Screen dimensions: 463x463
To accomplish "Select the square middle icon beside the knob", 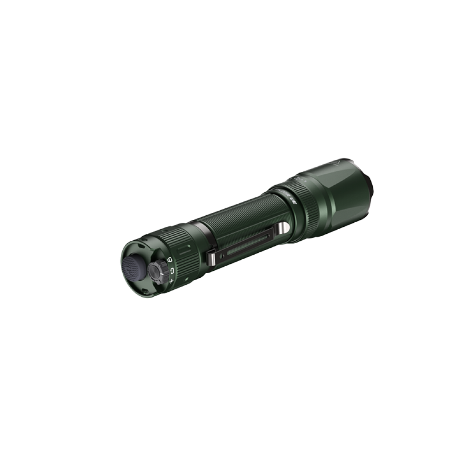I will point(172,270).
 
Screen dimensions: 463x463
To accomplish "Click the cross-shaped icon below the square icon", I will point(172,281).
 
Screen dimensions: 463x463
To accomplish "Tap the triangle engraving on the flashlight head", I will point(336,164).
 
